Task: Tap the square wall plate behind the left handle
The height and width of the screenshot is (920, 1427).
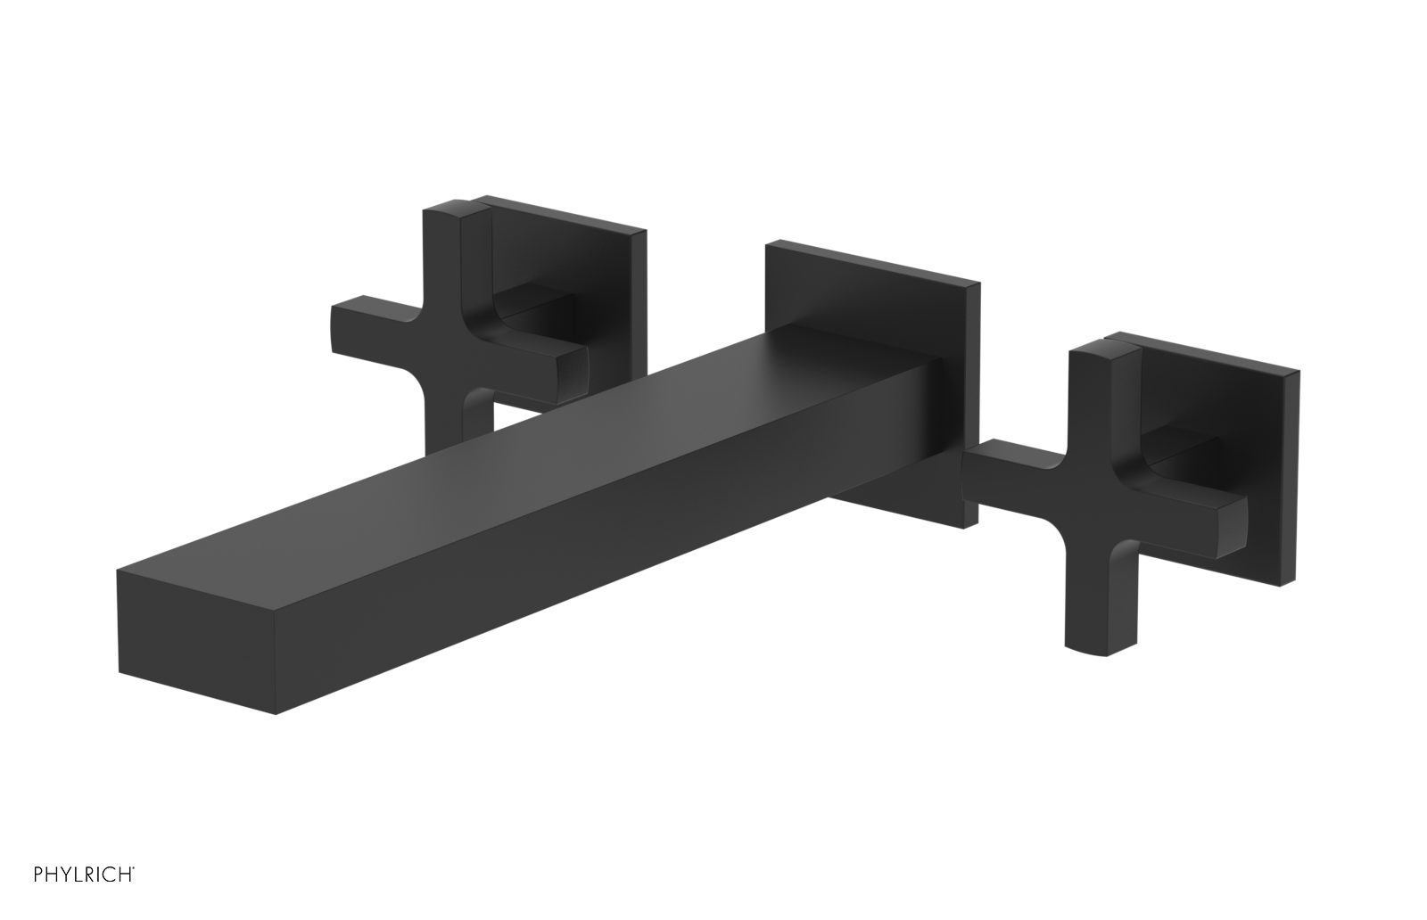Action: pos(571,259)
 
